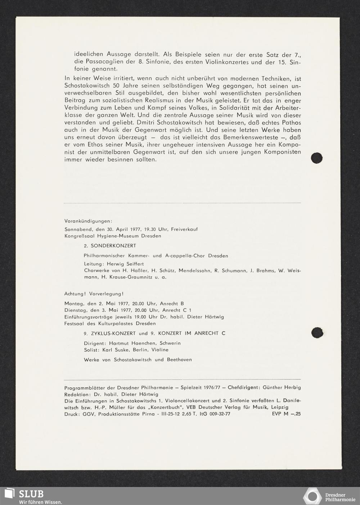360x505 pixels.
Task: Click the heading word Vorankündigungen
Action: (88, 220)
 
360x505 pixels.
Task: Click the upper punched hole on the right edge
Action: (316, 157)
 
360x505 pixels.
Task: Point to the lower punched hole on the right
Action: (316, 333)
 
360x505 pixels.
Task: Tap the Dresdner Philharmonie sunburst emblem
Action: (312, 497)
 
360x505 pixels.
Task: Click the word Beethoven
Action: (179, 359)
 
